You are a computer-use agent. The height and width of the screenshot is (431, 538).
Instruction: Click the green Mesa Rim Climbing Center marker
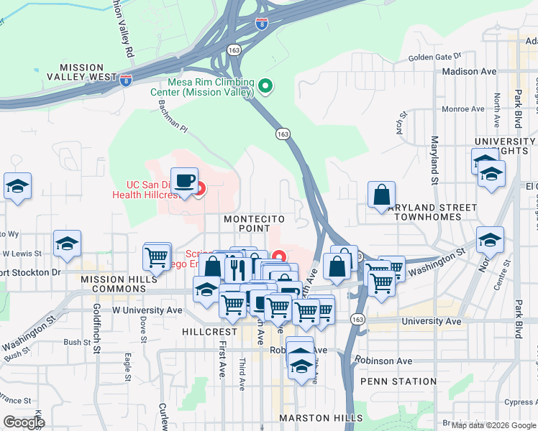265,86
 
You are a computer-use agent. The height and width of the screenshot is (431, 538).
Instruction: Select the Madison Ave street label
470,72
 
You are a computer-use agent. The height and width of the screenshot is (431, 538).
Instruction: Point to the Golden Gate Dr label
434,57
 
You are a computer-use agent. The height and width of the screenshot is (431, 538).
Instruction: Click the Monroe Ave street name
463,110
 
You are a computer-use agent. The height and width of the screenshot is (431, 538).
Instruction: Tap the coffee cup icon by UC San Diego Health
185,180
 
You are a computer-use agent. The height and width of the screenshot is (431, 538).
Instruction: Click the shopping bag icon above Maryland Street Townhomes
381,195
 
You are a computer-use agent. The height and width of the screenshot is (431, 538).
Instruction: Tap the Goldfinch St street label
96,330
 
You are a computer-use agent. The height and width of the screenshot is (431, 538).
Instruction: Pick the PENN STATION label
398,381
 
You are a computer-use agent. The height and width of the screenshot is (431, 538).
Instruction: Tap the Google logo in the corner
24,422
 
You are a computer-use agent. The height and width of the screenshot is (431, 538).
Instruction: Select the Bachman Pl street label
173,116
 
